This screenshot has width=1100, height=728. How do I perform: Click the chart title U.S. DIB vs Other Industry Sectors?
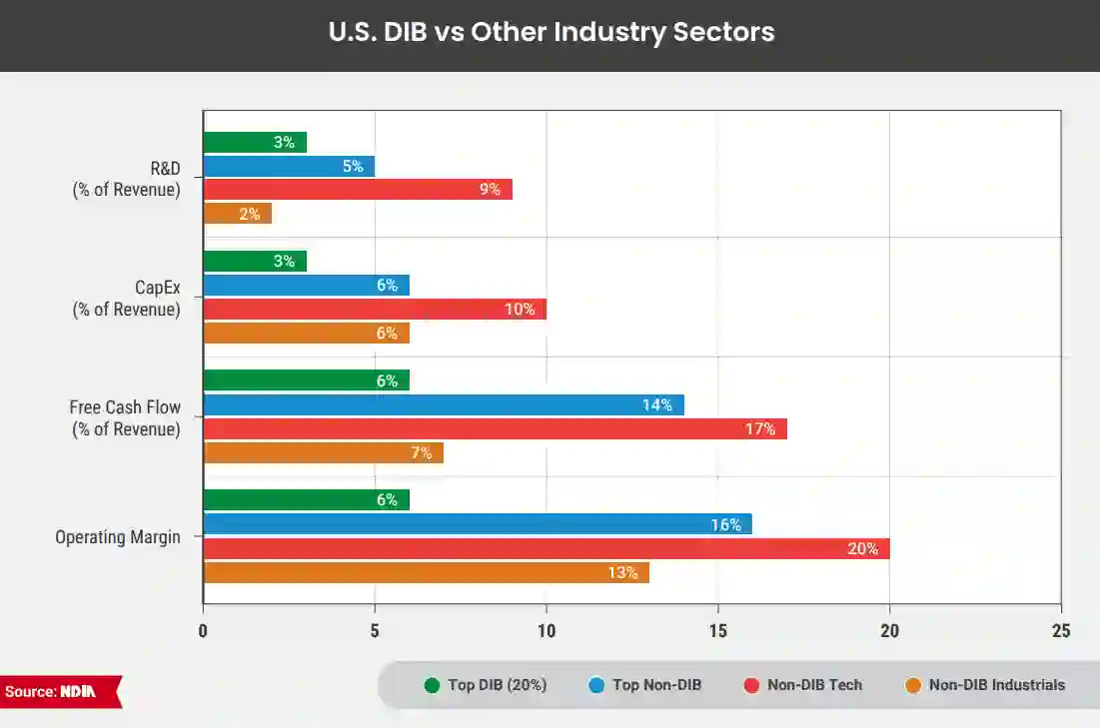click(x=550, y=32)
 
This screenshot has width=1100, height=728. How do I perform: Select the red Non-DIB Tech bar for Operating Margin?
click(x=546, y=548)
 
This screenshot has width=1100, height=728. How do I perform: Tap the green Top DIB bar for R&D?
click(x=254, y=142)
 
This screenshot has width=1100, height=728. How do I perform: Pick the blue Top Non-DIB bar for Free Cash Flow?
click(x=443, y=404)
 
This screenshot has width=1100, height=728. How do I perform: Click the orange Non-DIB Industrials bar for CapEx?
click(x=306, y=334)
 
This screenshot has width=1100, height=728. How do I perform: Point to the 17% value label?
click(x=759, y=428)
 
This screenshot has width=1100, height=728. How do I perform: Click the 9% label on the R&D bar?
click(x=490, y=189)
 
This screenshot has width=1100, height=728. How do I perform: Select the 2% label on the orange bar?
click(x=249, y=214)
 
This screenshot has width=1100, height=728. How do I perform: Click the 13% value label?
click(x=622, y=572)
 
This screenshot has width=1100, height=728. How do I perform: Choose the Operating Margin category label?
click(x=118, y=537)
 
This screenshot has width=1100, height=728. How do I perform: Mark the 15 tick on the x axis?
click(x=717, y=630)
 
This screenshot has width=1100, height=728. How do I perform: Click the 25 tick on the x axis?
click(x=1060, y=630)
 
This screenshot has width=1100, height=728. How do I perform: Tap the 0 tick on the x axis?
click(x=203, y=630)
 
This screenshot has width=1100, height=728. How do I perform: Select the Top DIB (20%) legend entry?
click(x=487, y=685)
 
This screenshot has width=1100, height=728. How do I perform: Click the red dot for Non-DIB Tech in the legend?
click(x=751, y=685)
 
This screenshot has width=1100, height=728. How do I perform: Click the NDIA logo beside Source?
click(x=77, y=691)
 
